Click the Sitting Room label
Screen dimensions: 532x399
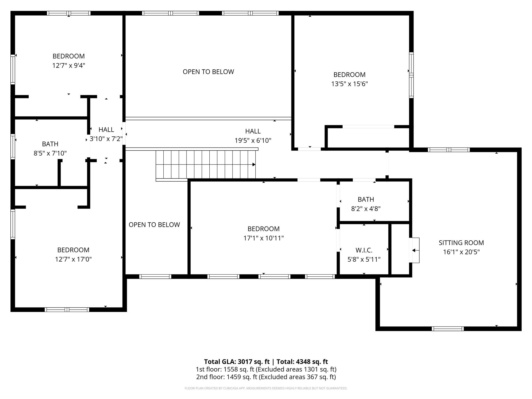[x=461, y=243]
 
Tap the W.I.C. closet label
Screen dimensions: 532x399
[x=364, y=250]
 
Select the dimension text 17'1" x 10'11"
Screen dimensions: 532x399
[x=263, y=238]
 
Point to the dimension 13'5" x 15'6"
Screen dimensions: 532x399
[x=349, y=84]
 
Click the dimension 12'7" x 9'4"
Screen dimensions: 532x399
[x=69, y=65]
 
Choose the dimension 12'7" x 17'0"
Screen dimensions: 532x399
[x=73, y=259]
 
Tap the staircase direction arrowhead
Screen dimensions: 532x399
[x=254, y=164]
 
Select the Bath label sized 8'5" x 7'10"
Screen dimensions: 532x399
[x=50, y=144]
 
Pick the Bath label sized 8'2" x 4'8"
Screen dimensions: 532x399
[x=366, y=199]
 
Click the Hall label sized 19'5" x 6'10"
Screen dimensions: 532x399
[x=253, y=131]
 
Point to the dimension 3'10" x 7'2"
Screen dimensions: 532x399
[x=106, y=139]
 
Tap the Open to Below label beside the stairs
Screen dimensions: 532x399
[x=154, y=225]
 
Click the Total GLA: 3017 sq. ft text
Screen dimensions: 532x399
[x=237, y=362]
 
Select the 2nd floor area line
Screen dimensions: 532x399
[x=266, y=377]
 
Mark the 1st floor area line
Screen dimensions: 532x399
[x=266, y=369]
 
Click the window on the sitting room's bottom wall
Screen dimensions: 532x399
[x=448, y=329]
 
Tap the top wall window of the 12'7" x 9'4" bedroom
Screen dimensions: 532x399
[x=69, y=13]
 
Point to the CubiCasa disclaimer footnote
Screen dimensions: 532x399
[x=266, y=388]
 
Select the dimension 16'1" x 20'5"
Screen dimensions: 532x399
[x=461, y=252]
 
